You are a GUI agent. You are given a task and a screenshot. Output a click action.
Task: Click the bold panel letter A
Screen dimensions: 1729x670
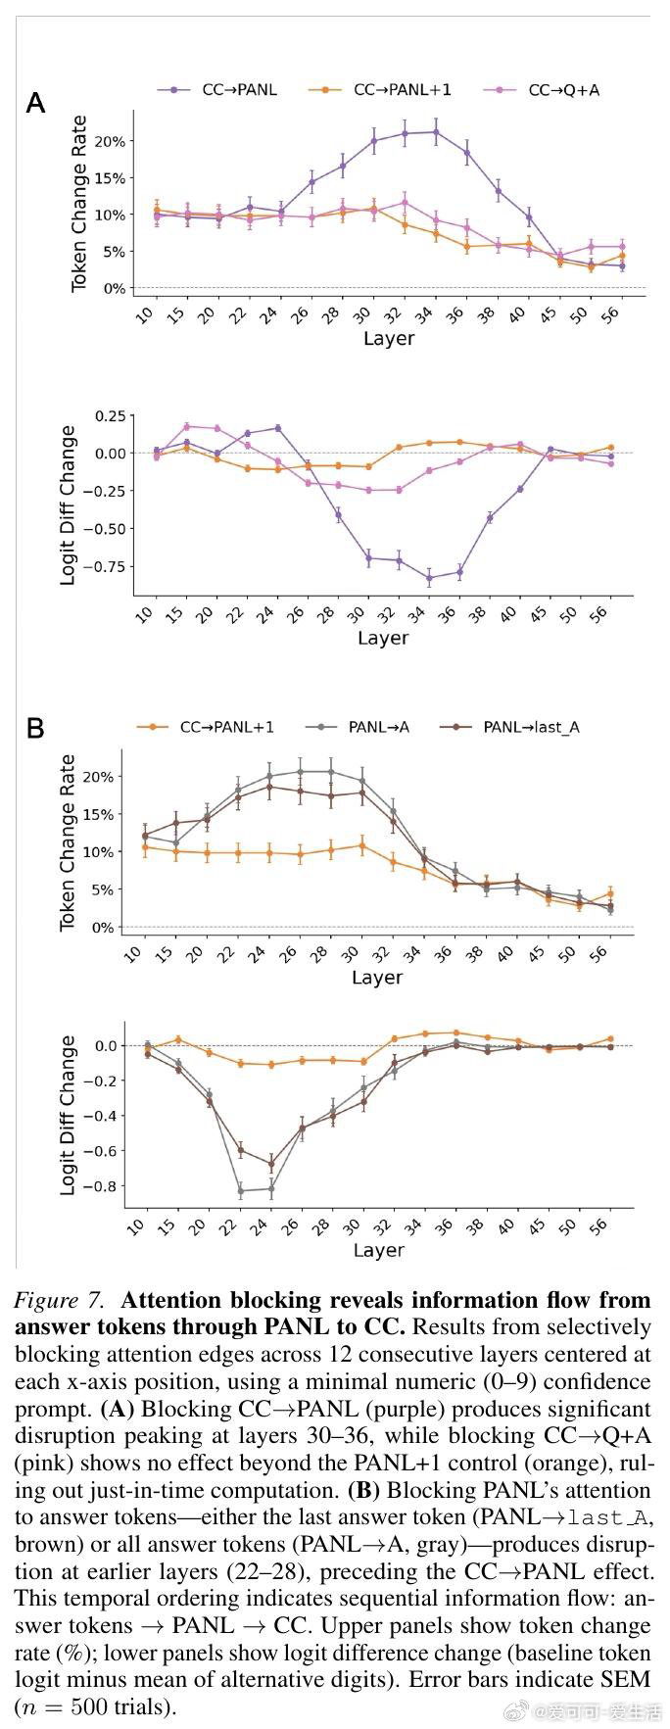[35, 103]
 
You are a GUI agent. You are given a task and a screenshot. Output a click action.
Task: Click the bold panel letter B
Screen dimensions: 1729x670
[35, 729]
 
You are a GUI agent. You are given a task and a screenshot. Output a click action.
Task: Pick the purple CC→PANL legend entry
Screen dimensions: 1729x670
[217, 90]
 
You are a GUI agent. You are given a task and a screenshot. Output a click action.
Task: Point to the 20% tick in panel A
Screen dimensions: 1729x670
[113, 141]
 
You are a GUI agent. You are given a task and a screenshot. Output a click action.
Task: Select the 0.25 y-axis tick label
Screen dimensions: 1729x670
[110, 416]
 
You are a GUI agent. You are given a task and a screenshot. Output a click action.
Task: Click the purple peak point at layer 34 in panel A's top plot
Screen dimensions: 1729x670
[436, 131]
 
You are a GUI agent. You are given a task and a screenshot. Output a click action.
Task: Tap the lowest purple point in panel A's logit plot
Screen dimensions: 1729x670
[429, 579]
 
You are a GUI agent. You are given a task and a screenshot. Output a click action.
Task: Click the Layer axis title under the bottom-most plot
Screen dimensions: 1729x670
[378, 1250]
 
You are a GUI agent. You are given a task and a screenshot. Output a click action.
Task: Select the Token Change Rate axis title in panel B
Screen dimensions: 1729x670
[68, 842]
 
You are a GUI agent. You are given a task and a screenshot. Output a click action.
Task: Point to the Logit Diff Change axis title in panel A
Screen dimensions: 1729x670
[68, 505]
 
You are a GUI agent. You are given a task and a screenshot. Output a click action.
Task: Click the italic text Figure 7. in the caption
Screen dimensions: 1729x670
[59, 1301]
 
